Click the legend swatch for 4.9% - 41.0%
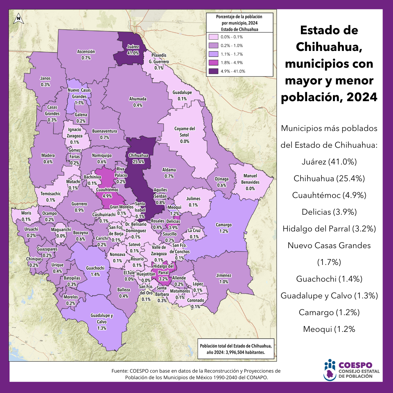pos(213,71)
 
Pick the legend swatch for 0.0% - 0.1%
pos(213,37)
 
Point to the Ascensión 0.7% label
pos(86,55)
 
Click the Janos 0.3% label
pos(45,82)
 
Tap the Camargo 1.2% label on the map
pos(223,228)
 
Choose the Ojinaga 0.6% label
pos(222,182)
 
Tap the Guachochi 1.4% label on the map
pos(95,271)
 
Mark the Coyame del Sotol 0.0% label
pos(184,135)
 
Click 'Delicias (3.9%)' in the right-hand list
pos(329,212)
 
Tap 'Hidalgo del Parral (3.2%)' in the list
pos(329,229)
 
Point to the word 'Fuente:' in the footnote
pos(120,371)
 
